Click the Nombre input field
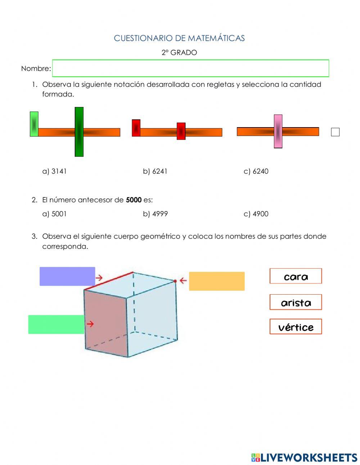(x=190, y=68)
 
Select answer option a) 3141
(x=55, y=171)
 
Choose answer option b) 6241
(x=155, y=171)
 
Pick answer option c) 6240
(x=256, y=171)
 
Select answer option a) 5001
(x=55, y=214)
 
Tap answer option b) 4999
(x=155, y=214)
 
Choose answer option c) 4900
(x=256, y=214)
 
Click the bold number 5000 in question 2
(x=134, y=200)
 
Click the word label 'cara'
(x=296, y=276)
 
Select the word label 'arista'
(x=296, y=302)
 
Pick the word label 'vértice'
(x=296, y=327)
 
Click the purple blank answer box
(x=67, y=276)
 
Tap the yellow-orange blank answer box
(x=217, y=281)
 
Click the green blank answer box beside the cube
(x=56, y=325)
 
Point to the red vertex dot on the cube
(x=175, y=281)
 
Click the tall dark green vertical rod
(x=79, y=132)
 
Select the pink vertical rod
(x=278, y=131)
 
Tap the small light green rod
(x=34, y=124)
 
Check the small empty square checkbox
(x=335, y=132)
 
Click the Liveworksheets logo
(x=304, y=457)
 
